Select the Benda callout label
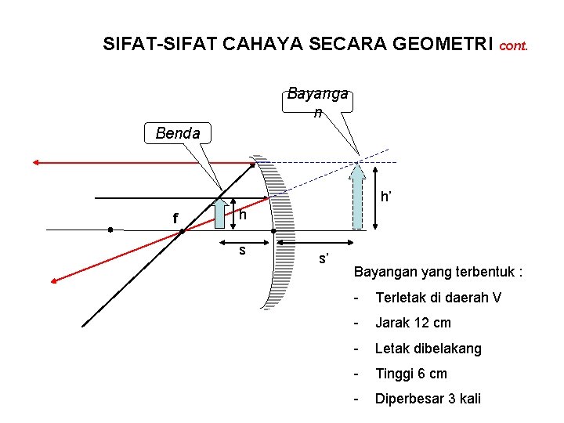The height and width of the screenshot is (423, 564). (178, 133)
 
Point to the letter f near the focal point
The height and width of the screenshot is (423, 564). (175, 219)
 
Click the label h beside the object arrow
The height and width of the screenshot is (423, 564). (244, 214)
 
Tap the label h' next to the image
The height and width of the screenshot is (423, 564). (386, 197)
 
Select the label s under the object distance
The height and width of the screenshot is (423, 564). (243, 250)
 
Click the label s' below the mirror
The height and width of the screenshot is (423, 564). (324, 258)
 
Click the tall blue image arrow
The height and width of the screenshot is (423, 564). (358, 195)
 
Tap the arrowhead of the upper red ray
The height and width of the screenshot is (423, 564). (37, 162)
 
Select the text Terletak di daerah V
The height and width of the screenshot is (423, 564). (439, 298)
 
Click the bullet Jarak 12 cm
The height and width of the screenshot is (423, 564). (413, 323)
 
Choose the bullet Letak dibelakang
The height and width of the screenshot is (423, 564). (428, 348)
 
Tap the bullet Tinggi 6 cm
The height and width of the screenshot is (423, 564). (411, 373)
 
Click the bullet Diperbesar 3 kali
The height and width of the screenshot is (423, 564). (428, 399)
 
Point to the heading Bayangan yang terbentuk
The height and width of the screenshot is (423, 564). (438, 273)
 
